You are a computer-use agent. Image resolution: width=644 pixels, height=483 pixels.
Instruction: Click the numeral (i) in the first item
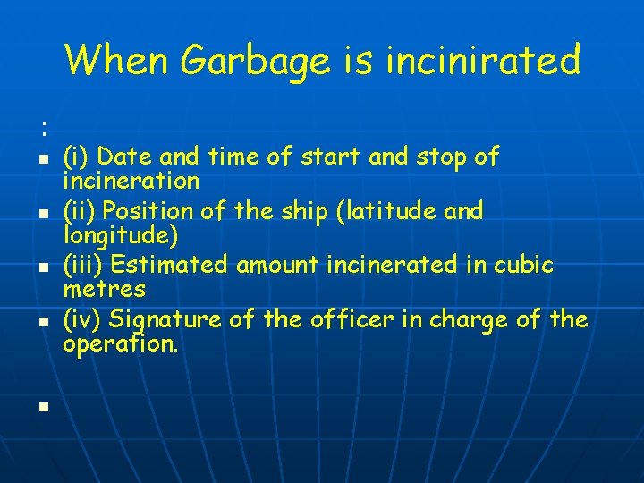(x=76, y=157)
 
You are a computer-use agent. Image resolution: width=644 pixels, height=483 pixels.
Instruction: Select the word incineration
(x=131, y=181)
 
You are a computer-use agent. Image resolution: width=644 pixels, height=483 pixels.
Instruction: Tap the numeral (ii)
(x=80, y=211)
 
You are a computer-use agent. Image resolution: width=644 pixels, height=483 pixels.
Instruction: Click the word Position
(x=147, y=211)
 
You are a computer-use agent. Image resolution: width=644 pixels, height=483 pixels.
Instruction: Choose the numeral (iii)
(x=83, y=266)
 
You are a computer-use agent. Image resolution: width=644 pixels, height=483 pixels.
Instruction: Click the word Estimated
(x=168, y=266)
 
